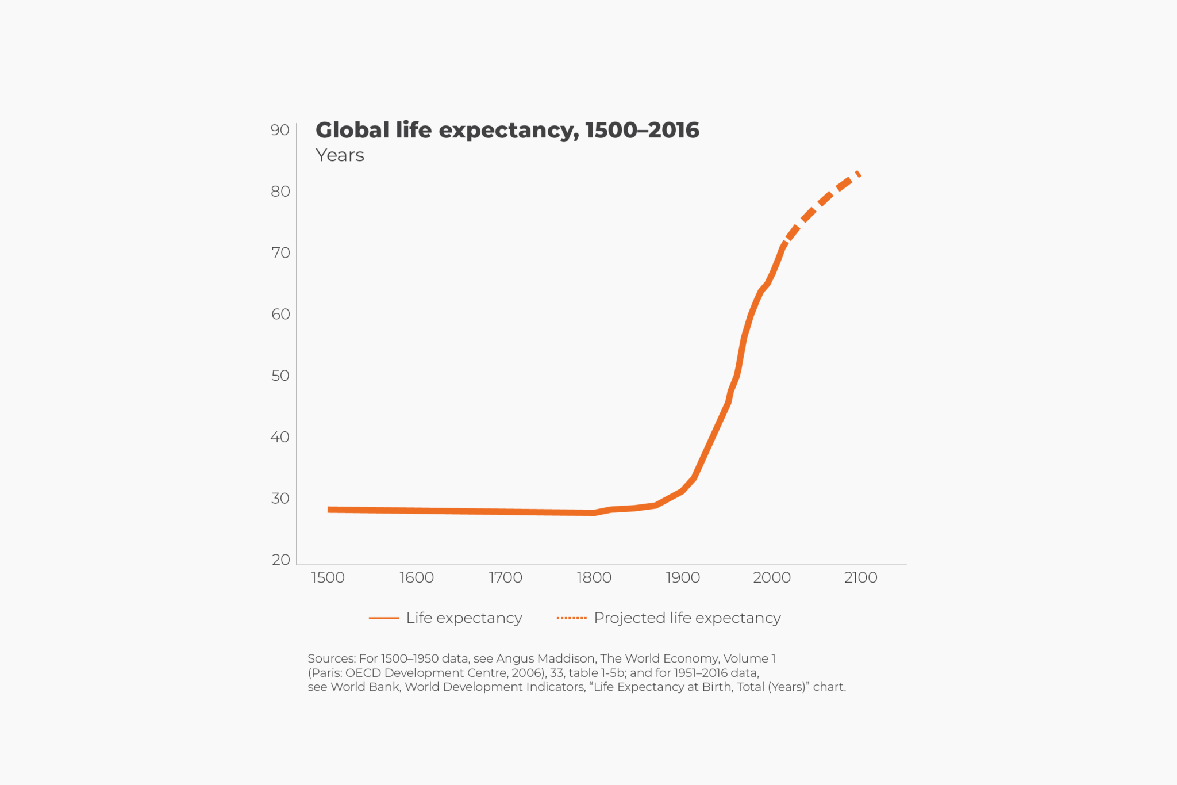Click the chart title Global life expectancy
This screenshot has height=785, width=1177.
(507, 131)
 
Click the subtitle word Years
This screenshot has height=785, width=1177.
(340, 155)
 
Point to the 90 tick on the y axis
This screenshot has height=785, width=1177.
(280, 130)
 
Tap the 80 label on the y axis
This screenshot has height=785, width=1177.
(280, 192)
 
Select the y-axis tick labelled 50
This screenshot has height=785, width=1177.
(280, 376)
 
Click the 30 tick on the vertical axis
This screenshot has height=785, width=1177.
(280, 498)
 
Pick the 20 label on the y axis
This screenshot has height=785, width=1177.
(280, 560)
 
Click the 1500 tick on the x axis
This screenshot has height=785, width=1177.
(328, 577)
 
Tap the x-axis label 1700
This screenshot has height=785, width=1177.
(505, 577)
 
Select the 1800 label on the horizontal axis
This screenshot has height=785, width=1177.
(594, 577)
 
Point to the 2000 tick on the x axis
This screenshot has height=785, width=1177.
(771, 577)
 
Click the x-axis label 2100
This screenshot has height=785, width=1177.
(860, 577)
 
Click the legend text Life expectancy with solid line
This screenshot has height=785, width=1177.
(464, 618)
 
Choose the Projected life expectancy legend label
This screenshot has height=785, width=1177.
(687, 618)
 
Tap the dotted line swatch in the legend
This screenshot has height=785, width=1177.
(571, 618)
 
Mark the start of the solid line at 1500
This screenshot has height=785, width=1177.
(329, 510)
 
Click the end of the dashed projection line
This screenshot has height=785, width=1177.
(859, 173)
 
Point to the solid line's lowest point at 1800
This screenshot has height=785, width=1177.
(594, 513)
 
